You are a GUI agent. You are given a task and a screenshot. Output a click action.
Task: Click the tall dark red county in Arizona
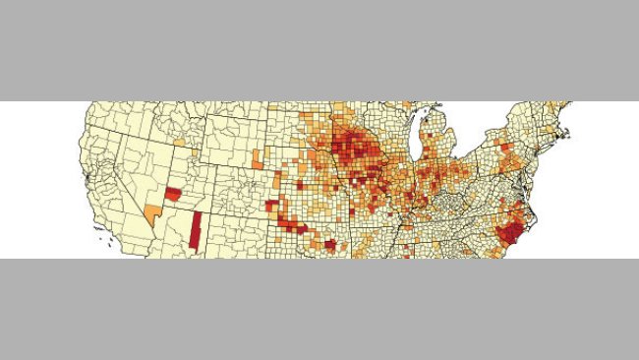coord(196,232)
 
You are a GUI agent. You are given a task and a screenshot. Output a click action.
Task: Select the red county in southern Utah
coord(173,194)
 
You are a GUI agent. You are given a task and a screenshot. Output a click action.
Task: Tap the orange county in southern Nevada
coord(152,213)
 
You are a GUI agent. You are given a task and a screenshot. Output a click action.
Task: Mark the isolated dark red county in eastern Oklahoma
coord(331,245)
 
